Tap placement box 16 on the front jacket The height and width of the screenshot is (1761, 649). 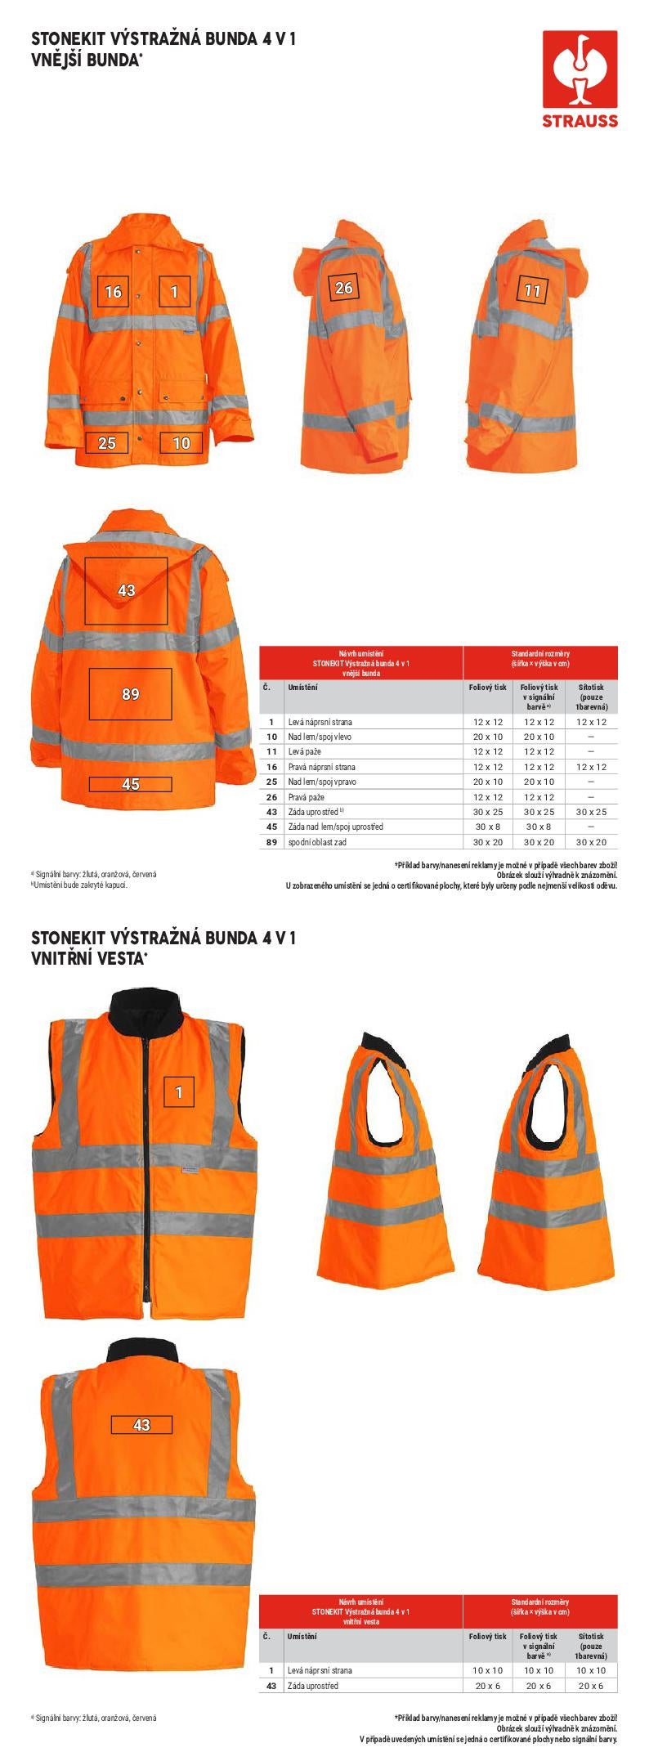(113, 292)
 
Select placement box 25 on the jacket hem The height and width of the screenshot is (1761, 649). (107, 443)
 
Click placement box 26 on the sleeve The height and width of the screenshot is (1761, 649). (344, 287)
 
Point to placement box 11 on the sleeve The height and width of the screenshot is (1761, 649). (532, 290)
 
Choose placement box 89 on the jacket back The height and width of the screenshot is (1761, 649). (130, 694)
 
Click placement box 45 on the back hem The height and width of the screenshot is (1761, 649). (130, 784)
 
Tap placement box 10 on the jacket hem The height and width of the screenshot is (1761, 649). (181, 443)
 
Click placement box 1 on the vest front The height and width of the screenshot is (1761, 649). (179, 1092)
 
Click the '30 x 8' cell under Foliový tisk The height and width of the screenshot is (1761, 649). (487, 827)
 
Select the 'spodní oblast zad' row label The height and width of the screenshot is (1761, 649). (317, 842)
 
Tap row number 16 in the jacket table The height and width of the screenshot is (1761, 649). (271, 767)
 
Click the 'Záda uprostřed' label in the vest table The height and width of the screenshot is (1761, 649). (312, 1686)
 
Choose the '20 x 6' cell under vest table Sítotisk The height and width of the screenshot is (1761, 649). (591, 1686)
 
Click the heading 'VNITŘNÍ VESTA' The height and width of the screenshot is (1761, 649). (87, 958)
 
